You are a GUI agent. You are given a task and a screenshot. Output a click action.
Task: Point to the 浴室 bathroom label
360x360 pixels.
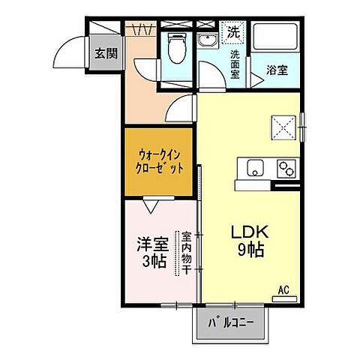coord(277,72)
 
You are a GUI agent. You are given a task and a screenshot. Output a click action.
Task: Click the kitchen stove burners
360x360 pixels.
coord(286,167)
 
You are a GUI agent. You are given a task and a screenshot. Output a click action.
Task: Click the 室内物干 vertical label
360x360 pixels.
coord(186,252)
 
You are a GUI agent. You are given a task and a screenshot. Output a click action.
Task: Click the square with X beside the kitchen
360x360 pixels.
coord(282,126)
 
